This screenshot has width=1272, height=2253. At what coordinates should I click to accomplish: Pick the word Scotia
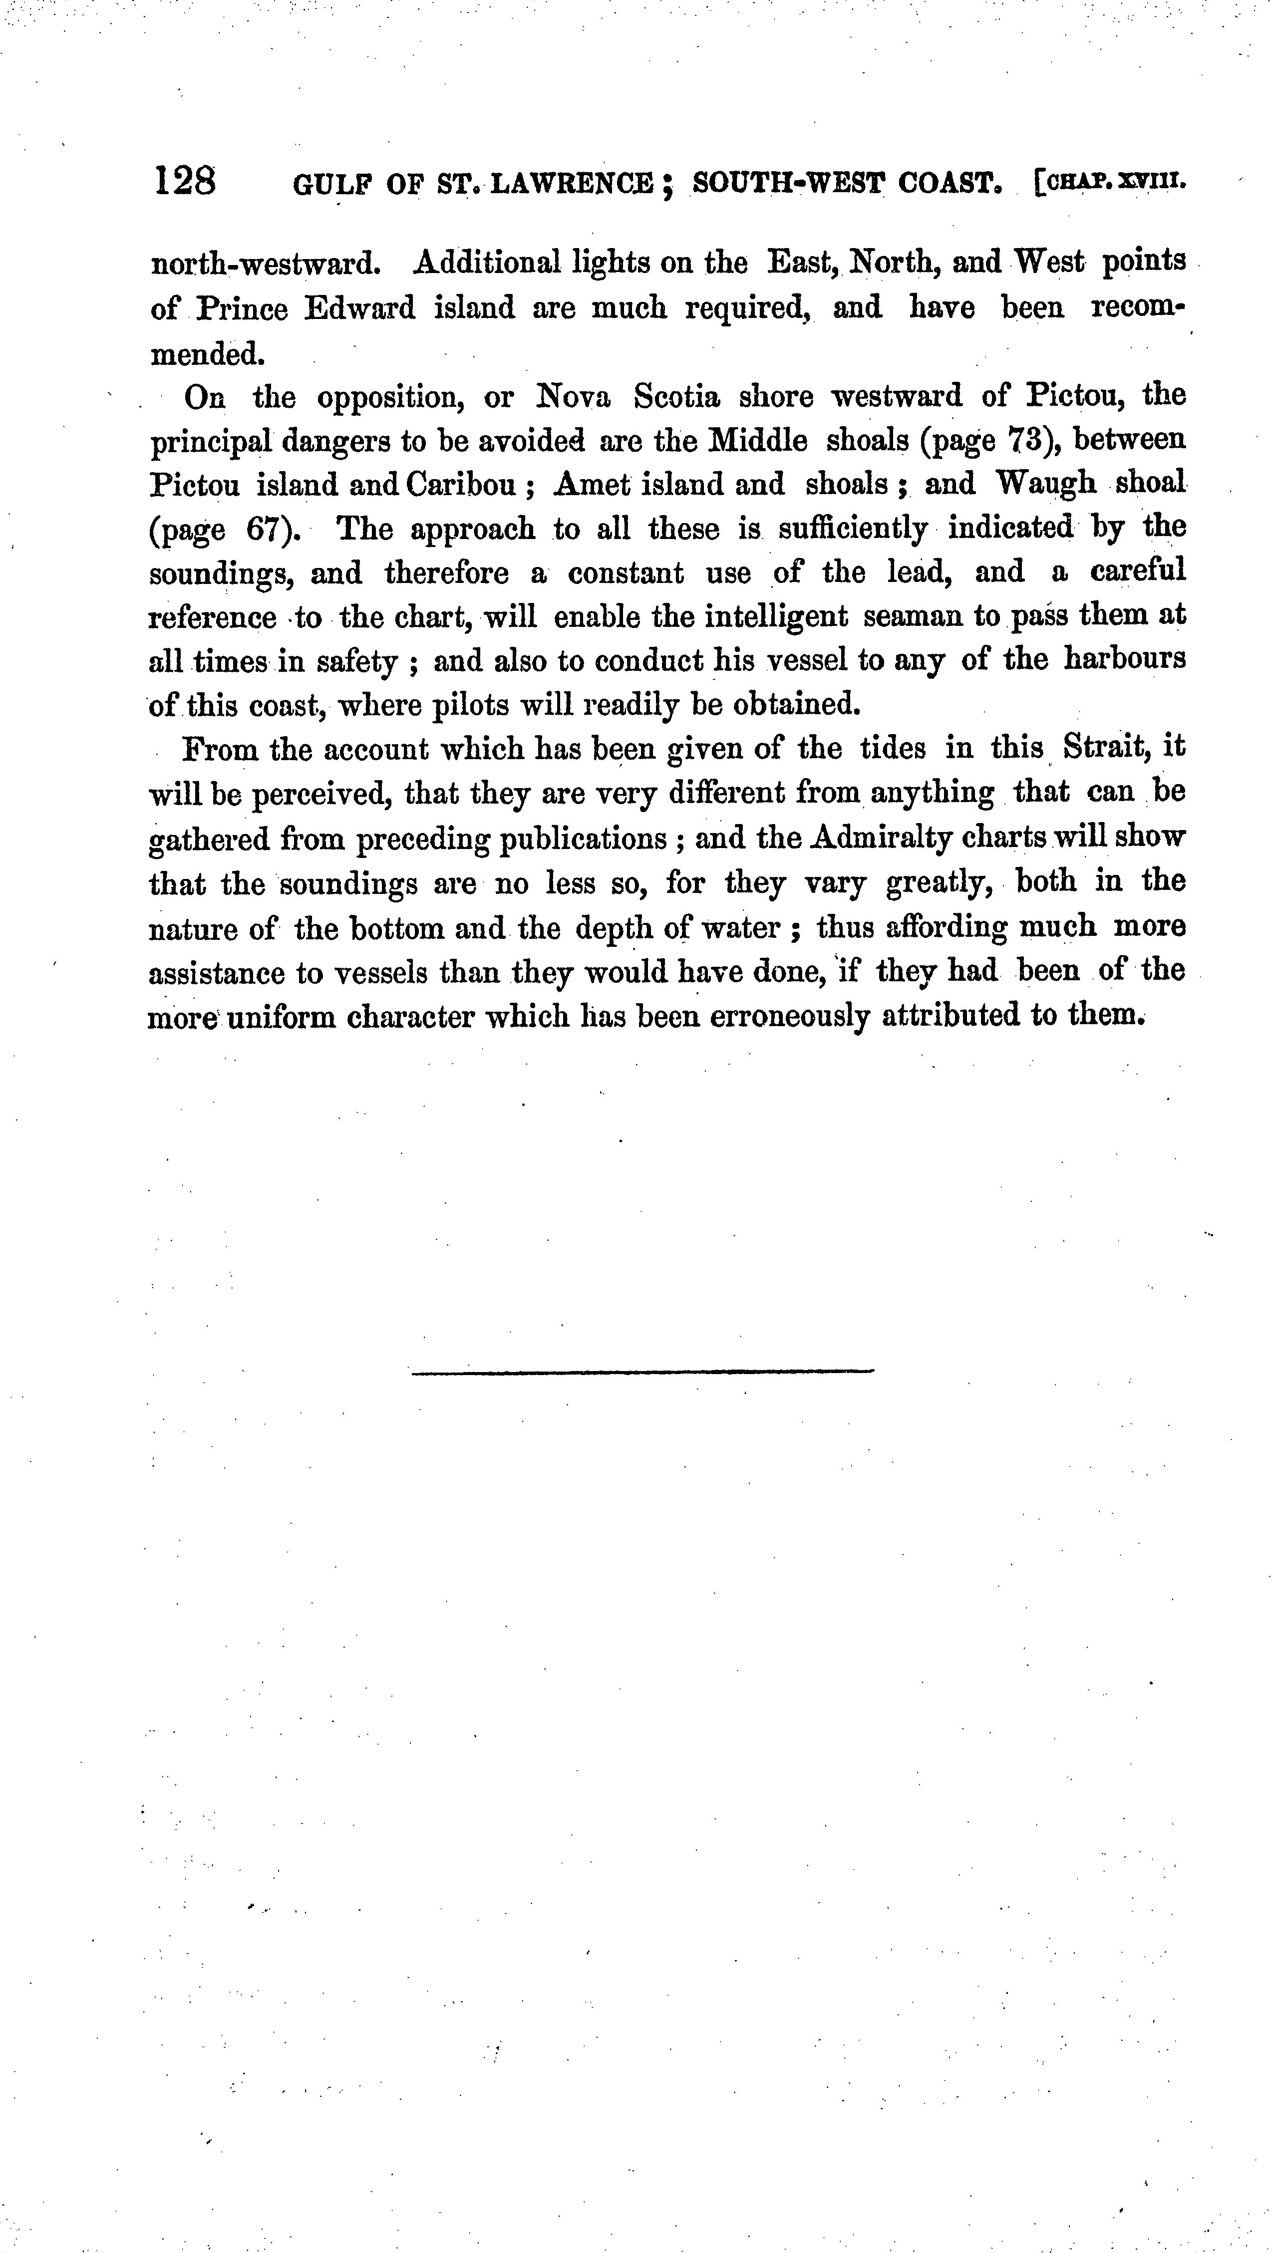pos(677,397)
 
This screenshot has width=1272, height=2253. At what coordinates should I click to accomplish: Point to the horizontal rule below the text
pos(642,1371)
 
